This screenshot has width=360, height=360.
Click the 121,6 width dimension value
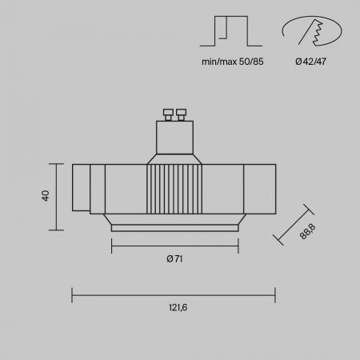[x=178, y=307]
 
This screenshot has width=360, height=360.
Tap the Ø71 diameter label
[x=174, y=258]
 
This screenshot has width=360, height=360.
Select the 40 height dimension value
[x=46, y=196]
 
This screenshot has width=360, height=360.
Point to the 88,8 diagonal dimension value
[x=308, y=231]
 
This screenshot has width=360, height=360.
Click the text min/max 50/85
[x=233, y=62]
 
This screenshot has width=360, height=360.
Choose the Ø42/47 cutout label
[x=310, y=62]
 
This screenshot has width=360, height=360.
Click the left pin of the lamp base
[x=168, y=114]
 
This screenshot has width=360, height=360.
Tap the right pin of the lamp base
[x=181, y=114]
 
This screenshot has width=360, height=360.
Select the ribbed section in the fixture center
[x=174, y=189]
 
